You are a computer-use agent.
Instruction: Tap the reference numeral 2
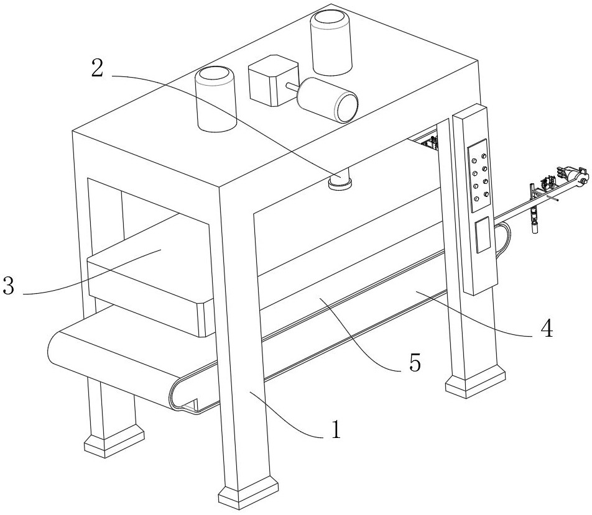point(98,68)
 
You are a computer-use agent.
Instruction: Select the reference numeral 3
point(8,286)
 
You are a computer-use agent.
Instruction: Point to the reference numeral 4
point(547,328)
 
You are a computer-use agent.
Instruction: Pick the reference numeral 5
point(415,363)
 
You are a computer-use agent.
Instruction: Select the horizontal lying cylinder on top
point(328,99)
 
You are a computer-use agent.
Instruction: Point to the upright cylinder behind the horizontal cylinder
point(331,43)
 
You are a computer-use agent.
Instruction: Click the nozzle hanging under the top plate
point(340,179)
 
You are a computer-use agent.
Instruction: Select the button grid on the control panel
point(479,175)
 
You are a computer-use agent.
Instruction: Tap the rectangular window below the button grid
point(483,235)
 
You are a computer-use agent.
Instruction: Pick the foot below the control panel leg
point(475,381)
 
